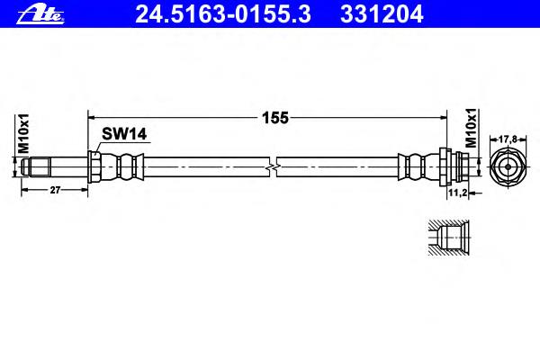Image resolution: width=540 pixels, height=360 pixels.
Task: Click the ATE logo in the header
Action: click(x=40, y=15)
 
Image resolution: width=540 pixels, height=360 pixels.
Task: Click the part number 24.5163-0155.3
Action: click(x=223, y=14)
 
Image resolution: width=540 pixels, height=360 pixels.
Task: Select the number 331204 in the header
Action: click(x=382, y=14)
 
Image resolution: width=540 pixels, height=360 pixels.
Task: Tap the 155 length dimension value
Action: click(x=275, y=118)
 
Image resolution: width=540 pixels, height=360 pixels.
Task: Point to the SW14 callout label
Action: click(x=124, y=134)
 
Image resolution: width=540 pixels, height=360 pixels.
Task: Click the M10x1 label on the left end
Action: click(x=23, y=133)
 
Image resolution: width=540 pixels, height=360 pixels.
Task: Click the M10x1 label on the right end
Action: click(x=471, y=128)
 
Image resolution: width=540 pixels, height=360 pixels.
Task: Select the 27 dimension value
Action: click(x=55, y=190)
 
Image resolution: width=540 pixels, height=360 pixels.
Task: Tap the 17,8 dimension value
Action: click(x=508, y=139)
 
